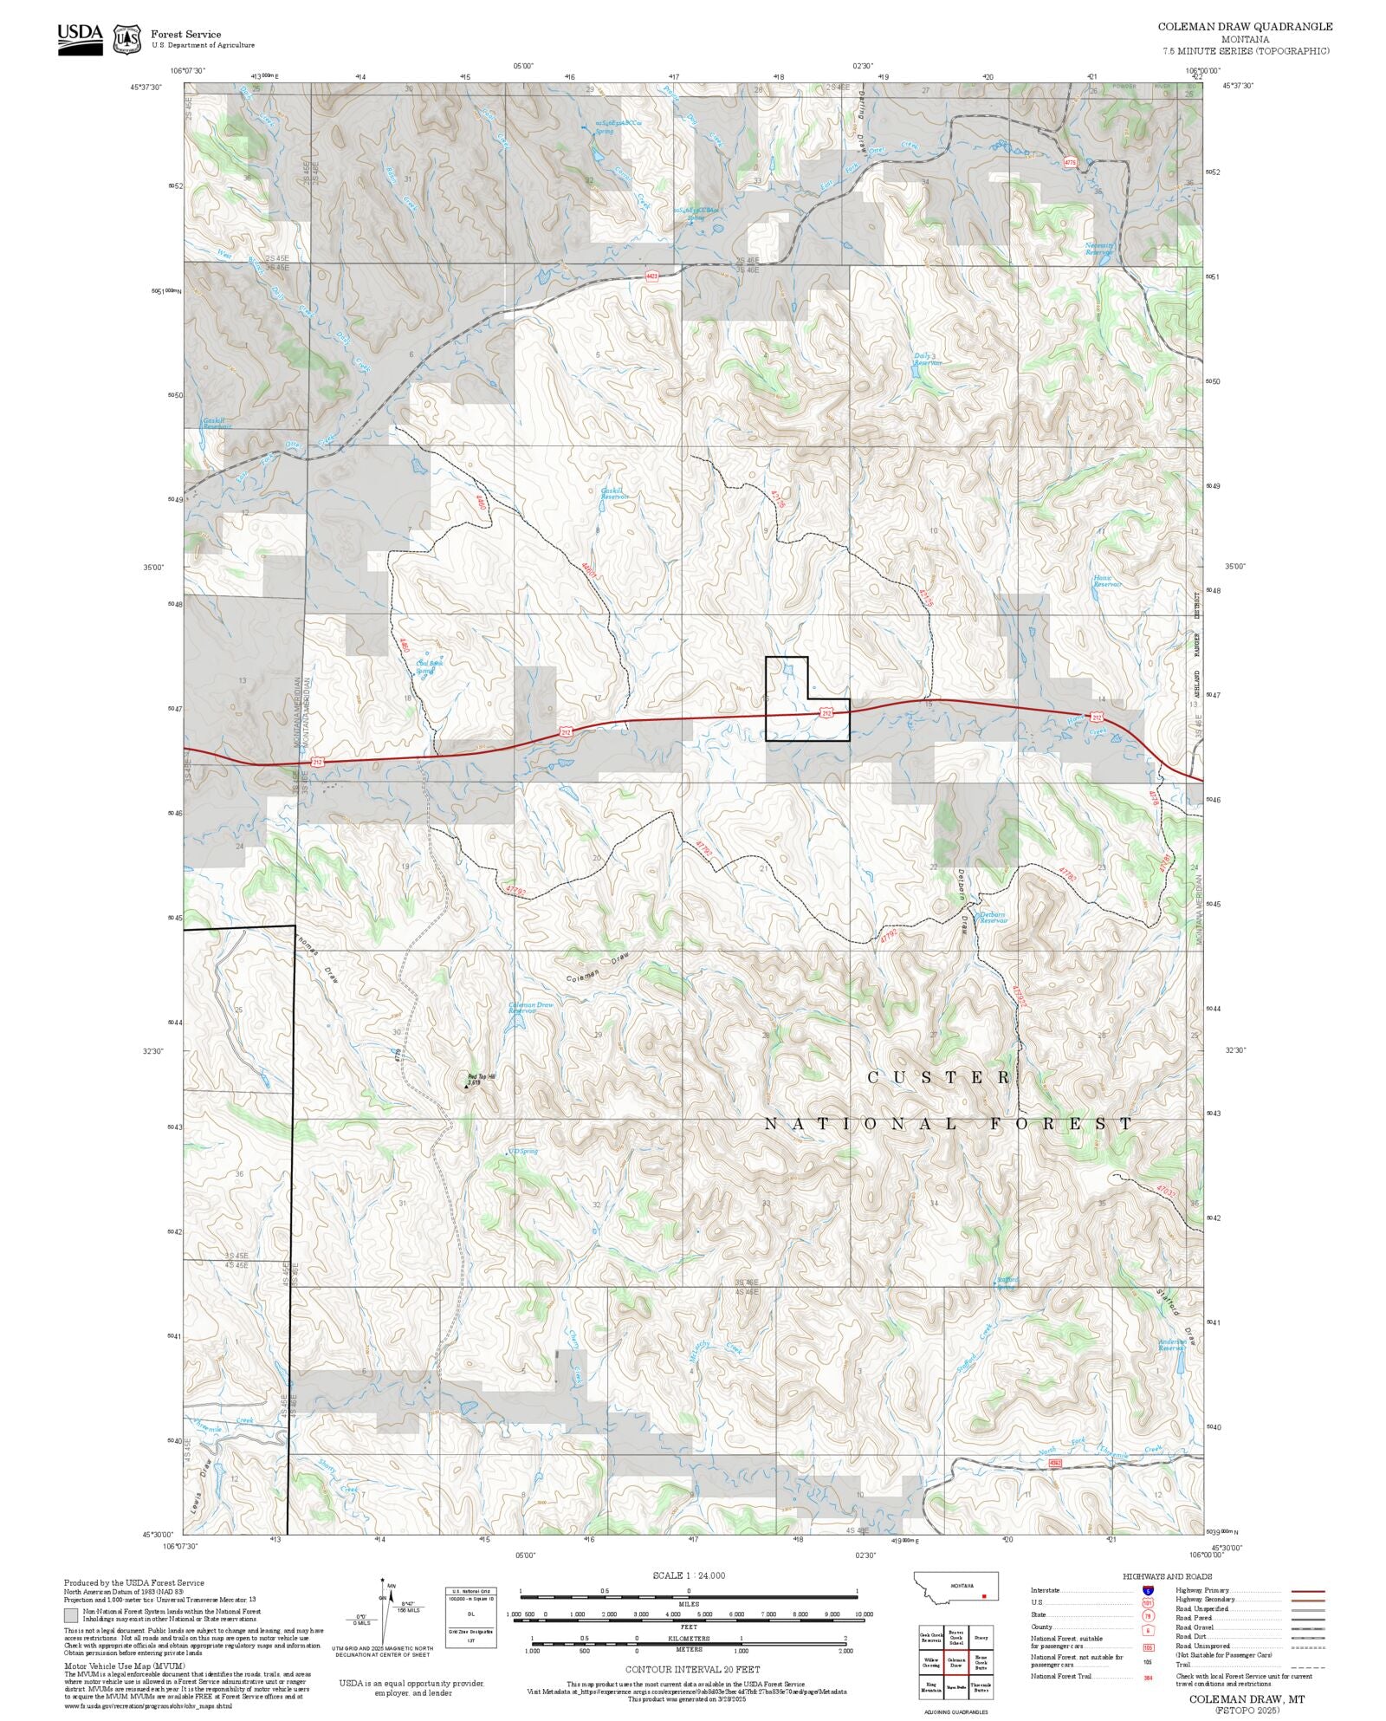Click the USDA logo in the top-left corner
coord(80,39)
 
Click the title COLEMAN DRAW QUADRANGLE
coord(1245,27)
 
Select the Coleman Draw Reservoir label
coord(530,1007)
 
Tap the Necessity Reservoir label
coord(1099,248)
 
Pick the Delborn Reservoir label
coord(992,917)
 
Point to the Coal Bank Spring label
coord(425,666)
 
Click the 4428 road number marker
coord(652,276)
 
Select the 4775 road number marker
coord(1069,162)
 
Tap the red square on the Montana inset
coord(984,1595)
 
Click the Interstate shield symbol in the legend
coord(1149,1591)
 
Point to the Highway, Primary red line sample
coord(1307,1591)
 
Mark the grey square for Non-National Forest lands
coord(71,1615)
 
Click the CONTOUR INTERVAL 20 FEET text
coord(692,1668)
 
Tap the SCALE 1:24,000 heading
coord(689,1575)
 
